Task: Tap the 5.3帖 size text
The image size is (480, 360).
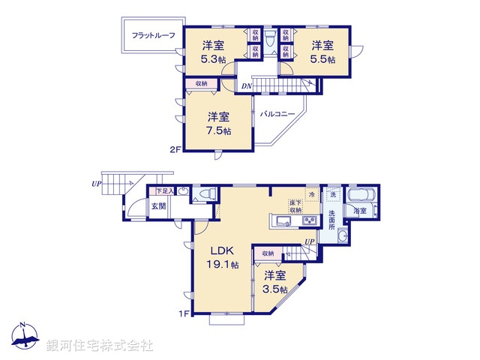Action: point(212,60)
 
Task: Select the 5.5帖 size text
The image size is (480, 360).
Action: point(322,58)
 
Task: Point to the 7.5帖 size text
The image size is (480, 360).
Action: point(218,130)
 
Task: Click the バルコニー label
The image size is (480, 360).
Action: point(277,115)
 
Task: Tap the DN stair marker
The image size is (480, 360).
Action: point(247,86)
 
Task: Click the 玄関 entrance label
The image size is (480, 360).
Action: point(160,205)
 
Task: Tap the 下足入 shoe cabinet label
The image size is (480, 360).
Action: point(163,192)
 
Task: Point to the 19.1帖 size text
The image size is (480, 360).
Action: point(223,265)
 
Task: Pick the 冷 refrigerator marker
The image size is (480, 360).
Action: point(311,193)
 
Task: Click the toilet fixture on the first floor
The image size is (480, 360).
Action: point(205,196)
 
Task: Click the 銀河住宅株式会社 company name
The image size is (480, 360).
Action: point(100,345)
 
